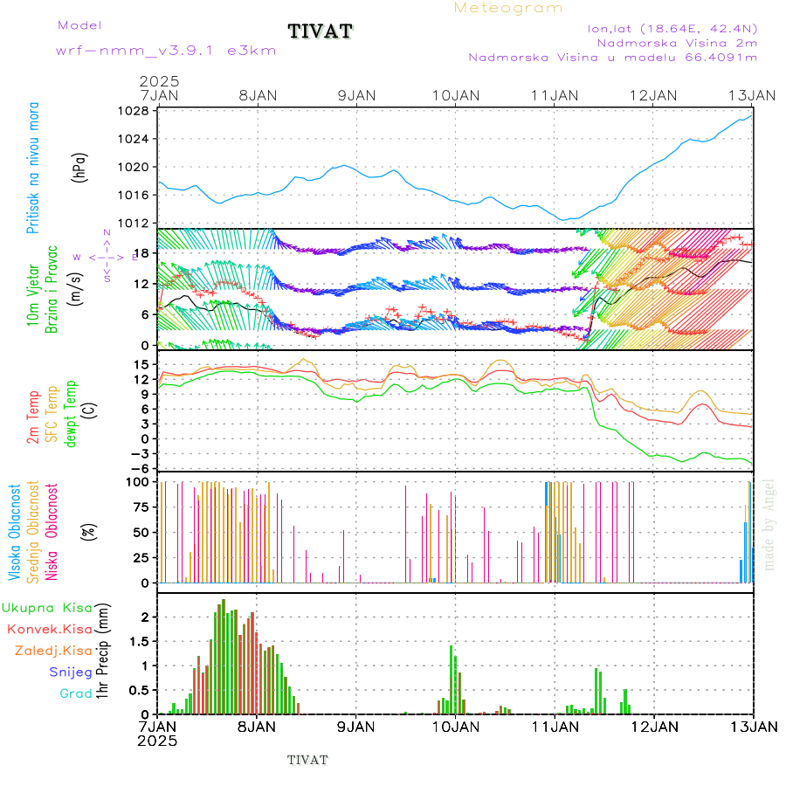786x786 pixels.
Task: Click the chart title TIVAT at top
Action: [x=320, y=32]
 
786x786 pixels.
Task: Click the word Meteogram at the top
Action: [x=508, y=8]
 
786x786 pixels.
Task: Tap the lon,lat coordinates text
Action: [x=672, y=28]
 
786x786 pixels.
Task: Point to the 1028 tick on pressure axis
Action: [x=134, y=112]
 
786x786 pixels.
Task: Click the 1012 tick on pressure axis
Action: [x=134, y=222]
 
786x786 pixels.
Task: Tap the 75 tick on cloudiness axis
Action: [x=141, y=507]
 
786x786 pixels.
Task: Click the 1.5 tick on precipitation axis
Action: [x=139, y=641]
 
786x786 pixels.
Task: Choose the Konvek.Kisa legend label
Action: [x=49, y=629]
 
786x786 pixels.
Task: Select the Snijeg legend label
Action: [x=71, y=672]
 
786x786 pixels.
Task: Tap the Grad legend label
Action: [x=76, y=693]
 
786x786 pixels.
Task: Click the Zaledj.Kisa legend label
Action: [x=53, y=651]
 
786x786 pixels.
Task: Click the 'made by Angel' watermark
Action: [x=769, y=524]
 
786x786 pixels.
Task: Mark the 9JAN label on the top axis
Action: [x=355, y=94]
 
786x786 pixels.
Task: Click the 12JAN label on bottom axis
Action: [x=653, y=727]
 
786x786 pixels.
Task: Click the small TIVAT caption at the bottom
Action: [x=307, y=760]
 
